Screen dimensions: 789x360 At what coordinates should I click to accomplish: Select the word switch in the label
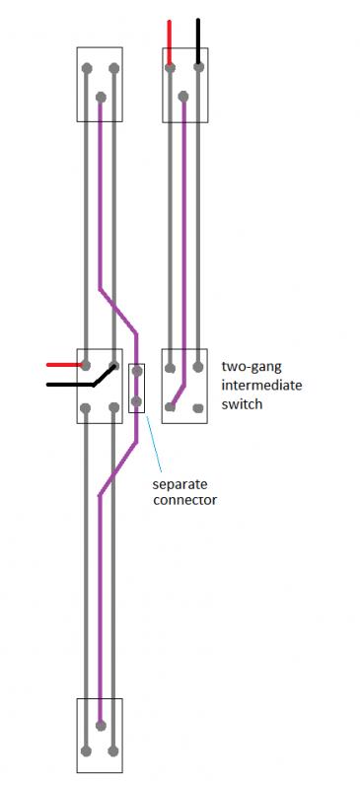click(x=243, y=403)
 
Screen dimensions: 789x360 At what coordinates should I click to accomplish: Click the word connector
click(x=184, y=501)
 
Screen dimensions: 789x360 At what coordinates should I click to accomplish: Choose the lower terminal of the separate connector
click(x=136, y=401)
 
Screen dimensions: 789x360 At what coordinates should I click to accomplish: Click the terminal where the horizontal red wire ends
click(x=88, y=365)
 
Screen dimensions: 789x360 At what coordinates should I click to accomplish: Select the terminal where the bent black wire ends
click(x=114, y=368)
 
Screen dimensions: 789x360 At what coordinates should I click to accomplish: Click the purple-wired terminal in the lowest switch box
click(x=101, y=727)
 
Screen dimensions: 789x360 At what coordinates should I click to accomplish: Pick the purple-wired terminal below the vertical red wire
click(x=184, y=96)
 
